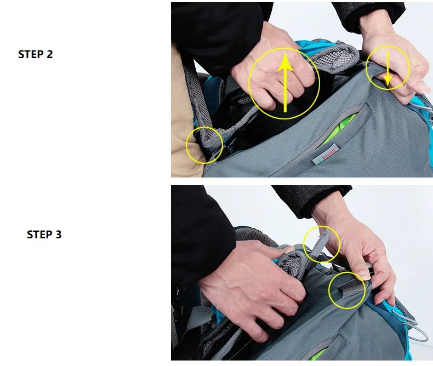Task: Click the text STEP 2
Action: [x=35, y=54]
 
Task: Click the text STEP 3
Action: [x=44, y=235]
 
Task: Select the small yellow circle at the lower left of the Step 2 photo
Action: [x=204, y=145]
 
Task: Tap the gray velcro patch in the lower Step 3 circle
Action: [x=348, y=285]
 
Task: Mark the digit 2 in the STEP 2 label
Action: [x=49, y=54]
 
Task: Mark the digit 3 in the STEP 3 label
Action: [x=58, y=235]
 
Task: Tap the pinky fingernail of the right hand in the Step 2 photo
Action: [x=423, y=88]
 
